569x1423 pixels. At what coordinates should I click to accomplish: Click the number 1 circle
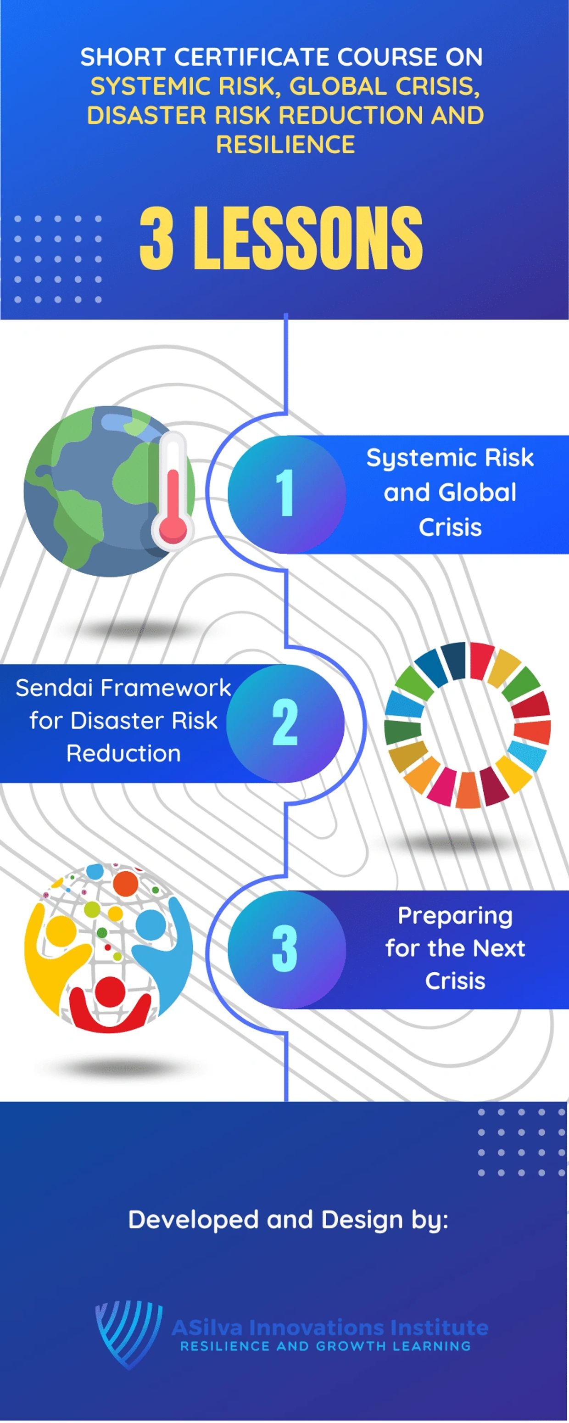point(286,493)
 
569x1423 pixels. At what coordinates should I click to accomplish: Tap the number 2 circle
point(285,723)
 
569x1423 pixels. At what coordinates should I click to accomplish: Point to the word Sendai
point(55,688)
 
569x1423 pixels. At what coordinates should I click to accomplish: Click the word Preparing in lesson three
point(455,916)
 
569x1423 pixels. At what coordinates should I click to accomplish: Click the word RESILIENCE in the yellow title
point(285,144)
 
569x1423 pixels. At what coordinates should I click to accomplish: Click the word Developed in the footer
point(193,1220)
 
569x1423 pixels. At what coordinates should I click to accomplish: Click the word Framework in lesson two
point(166,688)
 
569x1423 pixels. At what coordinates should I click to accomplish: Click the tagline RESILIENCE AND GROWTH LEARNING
point(325,1346)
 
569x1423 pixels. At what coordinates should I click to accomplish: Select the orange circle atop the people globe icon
point(125,883)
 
